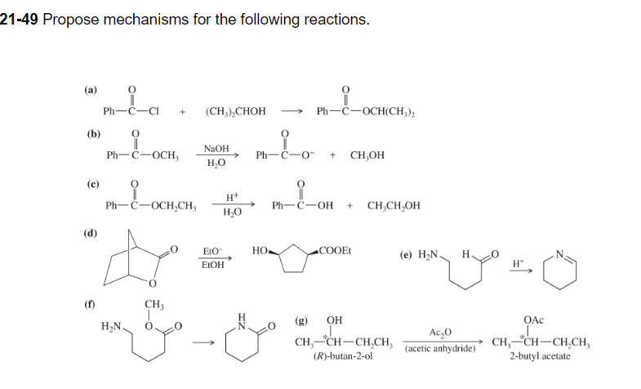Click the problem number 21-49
coord(19,19)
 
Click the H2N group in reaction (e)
coord(430,254)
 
